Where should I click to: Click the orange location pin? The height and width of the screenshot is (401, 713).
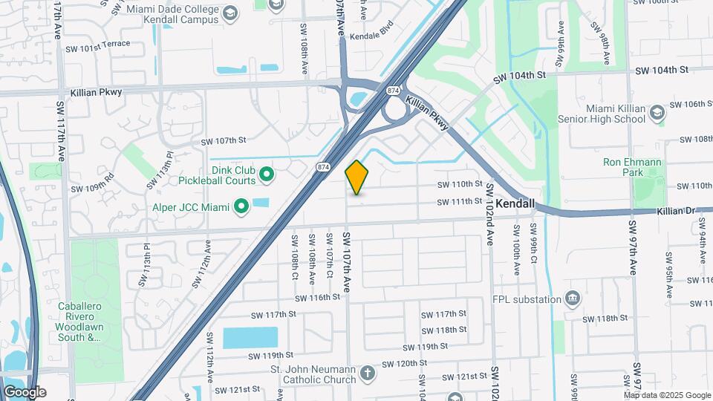click(357, 177)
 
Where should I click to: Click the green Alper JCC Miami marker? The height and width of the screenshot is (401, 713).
click(241, 206)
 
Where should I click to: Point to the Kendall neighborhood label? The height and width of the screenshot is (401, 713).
click(515, 203)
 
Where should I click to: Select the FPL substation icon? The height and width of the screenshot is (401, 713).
click(573, 299)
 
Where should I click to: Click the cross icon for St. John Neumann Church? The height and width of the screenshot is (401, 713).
click(368, 375)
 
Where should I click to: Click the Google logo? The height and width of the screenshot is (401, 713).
click(25, 392)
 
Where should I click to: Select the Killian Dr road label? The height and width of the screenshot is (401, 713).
click(675, 212)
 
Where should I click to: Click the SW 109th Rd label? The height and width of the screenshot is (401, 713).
click(93, 183)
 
